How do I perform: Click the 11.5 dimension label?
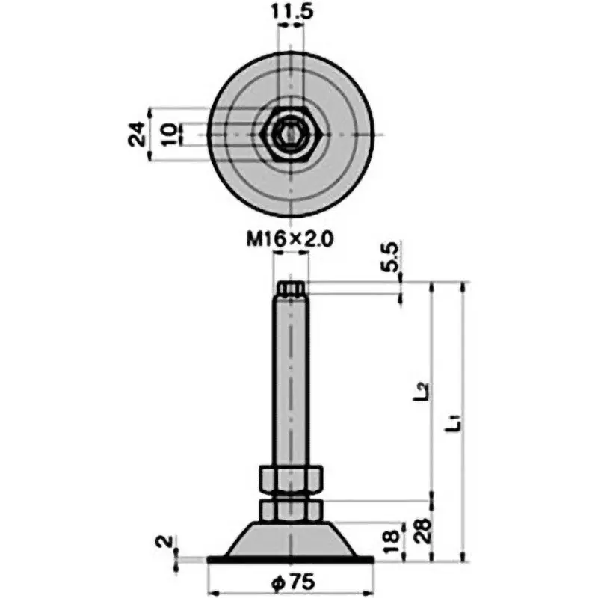click(x=291, y=13)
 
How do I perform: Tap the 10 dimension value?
click(x=170, y=134)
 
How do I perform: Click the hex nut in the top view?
click(x=292, y=135)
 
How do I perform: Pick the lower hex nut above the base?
click(x=291, y=510)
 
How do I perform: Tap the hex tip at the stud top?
click(x=291, y=288)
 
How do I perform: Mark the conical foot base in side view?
click(x=291, y=538)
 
